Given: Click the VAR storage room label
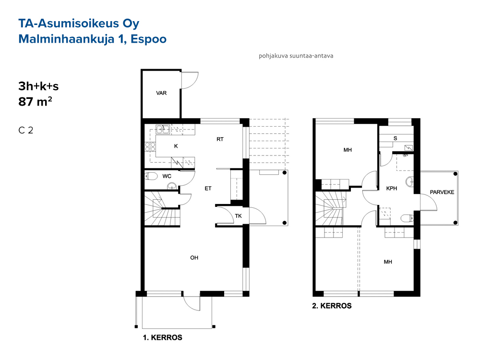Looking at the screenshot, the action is pyautogui.click(x=161, y=93).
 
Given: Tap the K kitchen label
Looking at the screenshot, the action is pyautogui.click(x=176, y=146).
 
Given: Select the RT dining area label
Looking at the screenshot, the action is pyautogui.click(x=220, y=139).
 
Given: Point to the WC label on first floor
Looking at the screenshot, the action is pyautogui.click(x=167, y=176).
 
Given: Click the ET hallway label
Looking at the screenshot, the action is pyautogui.click(x=208, y=188).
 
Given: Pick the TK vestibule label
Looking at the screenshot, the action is pyautogui.click(x=238, y=216).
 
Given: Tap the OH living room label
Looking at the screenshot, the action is pyautogui.click(x=194, y=258).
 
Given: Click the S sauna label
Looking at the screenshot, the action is pyautogui.click(x=395, y=138).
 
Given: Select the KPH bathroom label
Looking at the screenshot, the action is pyautogui.click(x=392, y=188).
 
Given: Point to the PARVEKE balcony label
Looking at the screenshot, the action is pyautogui.click(x=442, y=192).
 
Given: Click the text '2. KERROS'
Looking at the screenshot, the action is pyautogui.click(x=332, y=305).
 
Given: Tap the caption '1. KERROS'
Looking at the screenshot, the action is pyautogui.click(x=163, y=337).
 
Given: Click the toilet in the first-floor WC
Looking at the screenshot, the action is pyautogui.click(x=151, y=176).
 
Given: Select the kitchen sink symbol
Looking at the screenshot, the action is pyautogui.click(x=163, y=130).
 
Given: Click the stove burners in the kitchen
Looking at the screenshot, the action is pyautogui.click(x=150, y=146).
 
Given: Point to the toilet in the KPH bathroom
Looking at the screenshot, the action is pyautogui.click(x=407, y=218).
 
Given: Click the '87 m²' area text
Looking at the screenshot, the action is pyautogui.click(x=35, y=101).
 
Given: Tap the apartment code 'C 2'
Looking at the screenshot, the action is pyautogui.click(x=26, y=130).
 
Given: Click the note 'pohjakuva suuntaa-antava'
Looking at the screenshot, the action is pyautogui.click(x=296, y=56).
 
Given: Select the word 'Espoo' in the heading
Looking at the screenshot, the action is pyautogui.click(x=148, y=39).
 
